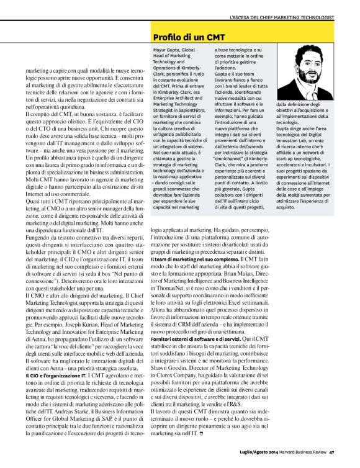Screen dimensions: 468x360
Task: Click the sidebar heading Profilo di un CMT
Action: [x=186, y=38]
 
